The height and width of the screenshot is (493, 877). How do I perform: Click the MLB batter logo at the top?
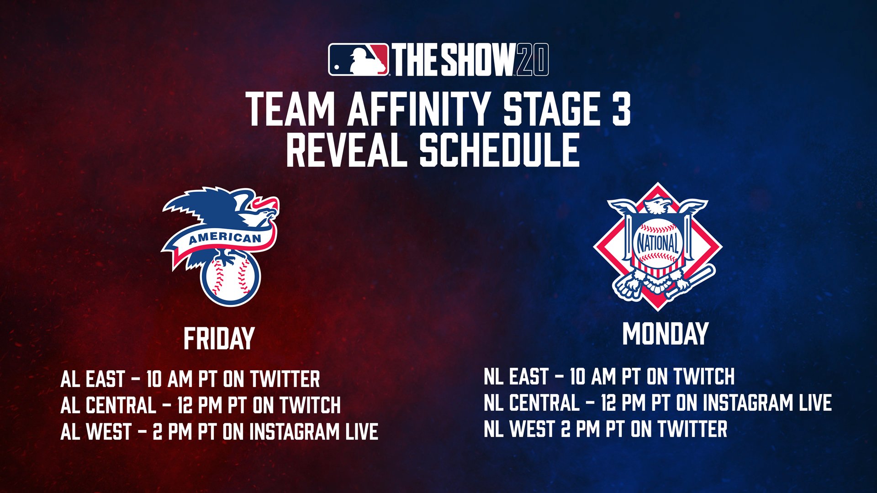359,60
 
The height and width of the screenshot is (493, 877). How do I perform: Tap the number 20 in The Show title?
532,60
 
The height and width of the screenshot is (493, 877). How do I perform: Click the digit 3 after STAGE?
621,109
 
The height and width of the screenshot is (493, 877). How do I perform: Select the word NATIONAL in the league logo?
658,244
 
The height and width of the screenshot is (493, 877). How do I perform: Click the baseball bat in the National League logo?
690,283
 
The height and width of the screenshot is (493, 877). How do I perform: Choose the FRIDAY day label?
219,339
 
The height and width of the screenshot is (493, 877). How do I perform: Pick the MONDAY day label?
665,334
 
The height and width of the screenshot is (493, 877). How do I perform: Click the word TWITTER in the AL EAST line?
285,379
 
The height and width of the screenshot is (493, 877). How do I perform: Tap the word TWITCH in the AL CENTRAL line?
311,405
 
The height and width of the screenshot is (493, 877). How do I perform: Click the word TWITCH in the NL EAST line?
704,377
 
